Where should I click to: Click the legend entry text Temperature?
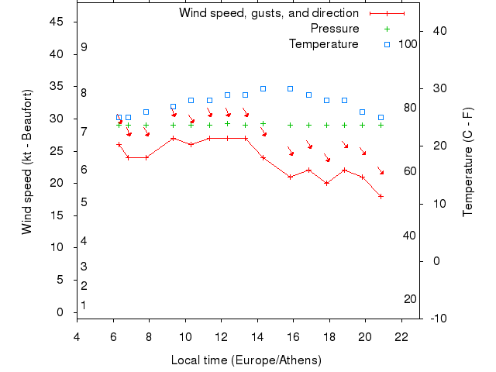click(323, 44)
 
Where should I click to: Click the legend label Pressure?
click(335, 29)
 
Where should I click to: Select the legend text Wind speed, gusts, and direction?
click(268, 13)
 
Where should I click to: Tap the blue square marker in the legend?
click(387, 44)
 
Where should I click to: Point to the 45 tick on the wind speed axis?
click(57, 22)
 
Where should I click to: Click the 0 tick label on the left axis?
click(60, 312)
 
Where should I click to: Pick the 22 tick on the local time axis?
click(401, 336)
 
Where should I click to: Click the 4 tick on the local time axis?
click(77, 336)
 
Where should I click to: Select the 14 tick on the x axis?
click(257, 336)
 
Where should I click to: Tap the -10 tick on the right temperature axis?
click(436, 318)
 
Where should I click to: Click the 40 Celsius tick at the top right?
click(436, 30)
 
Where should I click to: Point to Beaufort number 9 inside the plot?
click(84, 47)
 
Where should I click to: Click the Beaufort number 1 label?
click(84, 305)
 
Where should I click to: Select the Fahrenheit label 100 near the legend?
click(408, 44)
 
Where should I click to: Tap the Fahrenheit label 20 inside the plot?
click(410, 299)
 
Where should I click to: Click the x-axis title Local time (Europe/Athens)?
click(246, 360)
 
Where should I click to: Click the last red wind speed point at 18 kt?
click(381, 196)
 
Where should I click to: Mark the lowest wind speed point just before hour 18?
click(326, 183)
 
